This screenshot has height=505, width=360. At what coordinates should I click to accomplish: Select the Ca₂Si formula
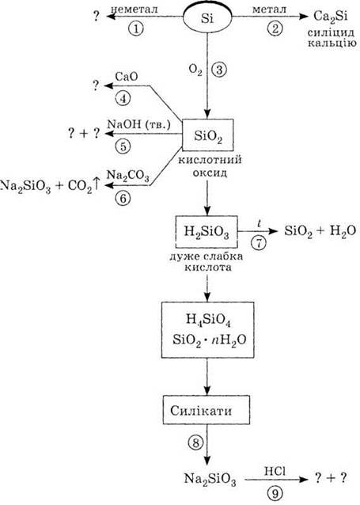coord(331,17)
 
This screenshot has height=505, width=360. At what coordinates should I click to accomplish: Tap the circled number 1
coord(136,28)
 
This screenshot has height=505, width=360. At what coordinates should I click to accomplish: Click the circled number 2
coord(275,28)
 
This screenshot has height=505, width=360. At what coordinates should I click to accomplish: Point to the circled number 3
coord(219,70)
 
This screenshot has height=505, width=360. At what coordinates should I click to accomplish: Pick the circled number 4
coord(123,98)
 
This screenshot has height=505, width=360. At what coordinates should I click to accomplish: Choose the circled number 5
coord(123,146)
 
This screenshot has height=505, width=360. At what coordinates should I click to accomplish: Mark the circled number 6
coord(123,198)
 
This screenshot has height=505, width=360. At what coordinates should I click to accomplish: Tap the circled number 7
coord(260,243)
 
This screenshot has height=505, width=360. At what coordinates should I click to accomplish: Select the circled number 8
coord(195,443)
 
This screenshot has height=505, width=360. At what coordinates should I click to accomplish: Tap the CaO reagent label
coord(127,76)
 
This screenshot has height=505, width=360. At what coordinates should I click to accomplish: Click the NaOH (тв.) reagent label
coord(138,124)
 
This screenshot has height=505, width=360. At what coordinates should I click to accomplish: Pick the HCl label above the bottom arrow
coord(275,472)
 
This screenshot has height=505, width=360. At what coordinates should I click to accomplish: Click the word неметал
coord(135,9)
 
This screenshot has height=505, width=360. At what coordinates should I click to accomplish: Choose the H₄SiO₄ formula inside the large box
coord(208,320)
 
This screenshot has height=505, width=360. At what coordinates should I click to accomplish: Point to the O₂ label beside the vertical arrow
coord(195,70)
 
